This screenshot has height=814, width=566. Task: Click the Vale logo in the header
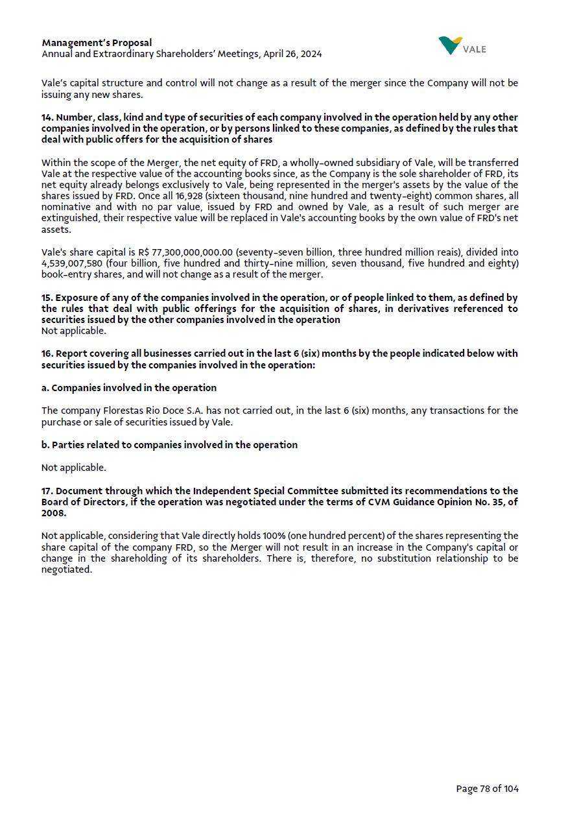[462, 46]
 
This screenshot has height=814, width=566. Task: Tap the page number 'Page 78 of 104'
[487, 789]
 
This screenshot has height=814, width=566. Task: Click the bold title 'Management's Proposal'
[97, 43]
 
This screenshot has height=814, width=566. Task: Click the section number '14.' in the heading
[47, 117]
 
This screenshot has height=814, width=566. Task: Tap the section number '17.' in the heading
[47, 491]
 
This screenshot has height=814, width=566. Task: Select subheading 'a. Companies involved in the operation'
[129, 388]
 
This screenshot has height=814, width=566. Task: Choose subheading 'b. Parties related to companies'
[169, 445]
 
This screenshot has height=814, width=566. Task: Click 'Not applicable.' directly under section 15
[73, 331]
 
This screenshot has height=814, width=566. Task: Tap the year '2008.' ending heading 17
[54, 513]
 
